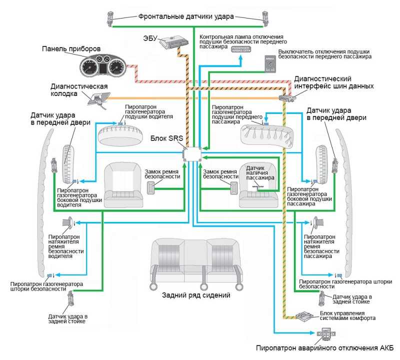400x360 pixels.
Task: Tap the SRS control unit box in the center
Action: point(192,152)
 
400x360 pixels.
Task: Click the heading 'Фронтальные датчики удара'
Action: point(186,16)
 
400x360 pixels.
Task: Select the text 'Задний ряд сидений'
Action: point(196,295)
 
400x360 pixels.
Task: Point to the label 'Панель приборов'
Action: point(72,48)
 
